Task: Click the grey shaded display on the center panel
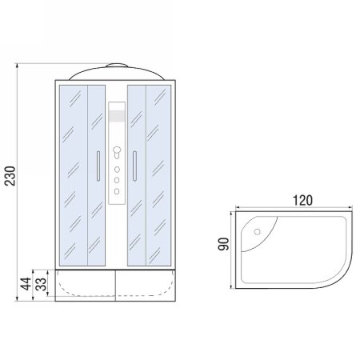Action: [x=117, y=118]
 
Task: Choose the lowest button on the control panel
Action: [x=117, y=190]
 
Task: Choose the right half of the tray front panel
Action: [x=147, y=286]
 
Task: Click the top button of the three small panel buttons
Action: [x=117, y=170]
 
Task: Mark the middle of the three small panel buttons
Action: [x=117, y=181]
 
